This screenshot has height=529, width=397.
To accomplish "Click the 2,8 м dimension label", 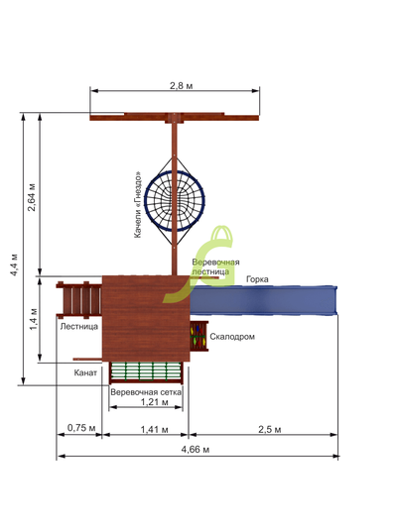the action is (181, 86).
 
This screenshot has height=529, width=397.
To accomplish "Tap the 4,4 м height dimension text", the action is (15, 264).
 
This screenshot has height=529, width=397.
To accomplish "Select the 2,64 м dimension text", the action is (32, 197).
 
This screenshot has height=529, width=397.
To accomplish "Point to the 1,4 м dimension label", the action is (34, 319).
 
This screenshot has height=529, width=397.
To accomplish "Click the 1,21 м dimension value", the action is (155, 402).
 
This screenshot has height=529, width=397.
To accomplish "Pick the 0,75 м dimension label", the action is (81, 428).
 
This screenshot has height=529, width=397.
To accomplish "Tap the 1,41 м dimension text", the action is (155, 429).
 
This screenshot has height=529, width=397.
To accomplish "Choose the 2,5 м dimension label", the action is (270, 429).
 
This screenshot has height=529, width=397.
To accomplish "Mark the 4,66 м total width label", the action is (196, 449).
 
